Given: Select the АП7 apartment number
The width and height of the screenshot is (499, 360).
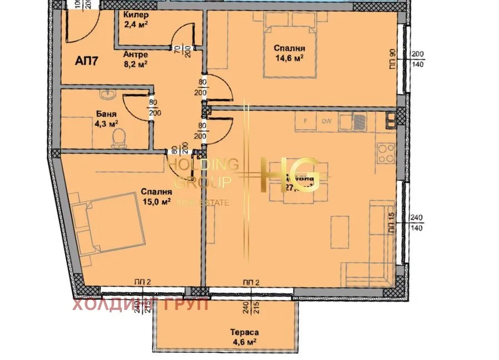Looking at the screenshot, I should [x=87, y=61].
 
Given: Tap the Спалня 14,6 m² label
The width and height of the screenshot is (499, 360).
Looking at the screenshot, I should [x=289, y=53].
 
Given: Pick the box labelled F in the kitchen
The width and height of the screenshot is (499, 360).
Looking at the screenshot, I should [x=305, y=120].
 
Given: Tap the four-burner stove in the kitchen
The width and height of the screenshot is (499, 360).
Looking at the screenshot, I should [x=386, y=151].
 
